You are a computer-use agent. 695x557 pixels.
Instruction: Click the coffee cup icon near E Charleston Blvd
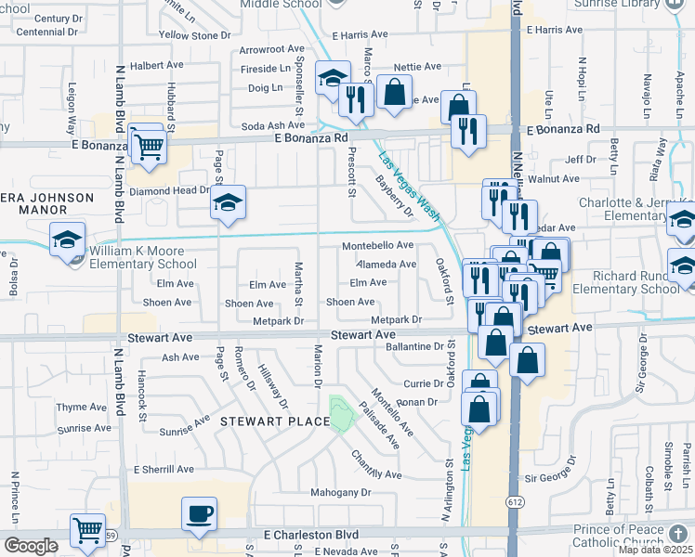click(x=201, y=513)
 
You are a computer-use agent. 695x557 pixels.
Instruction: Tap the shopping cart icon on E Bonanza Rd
click(x=149, y=145)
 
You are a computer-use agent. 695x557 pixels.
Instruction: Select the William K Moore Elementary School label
click(x=143, y=257)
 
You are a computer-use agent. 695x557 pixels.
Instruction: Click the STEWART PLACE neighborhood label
click(x=275, y=421)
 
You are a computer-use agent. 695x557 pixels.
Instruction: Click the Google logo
click(x=31, y=545)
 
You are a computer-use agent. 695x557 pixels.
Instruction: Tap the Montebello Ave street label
click(x=377, y=245)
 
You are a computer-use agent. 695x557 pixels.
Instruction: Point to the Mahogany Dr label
click(x=340, y=492)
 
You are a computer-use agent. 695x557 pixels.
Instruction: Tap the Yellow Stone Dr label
click(x=194, y=35)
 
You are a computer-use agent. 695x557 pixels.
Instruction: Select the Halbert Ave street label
click(x=152, y=66)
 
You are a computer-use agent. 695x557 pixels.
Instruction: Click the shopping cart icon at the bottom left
click(x=87, y=531)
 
